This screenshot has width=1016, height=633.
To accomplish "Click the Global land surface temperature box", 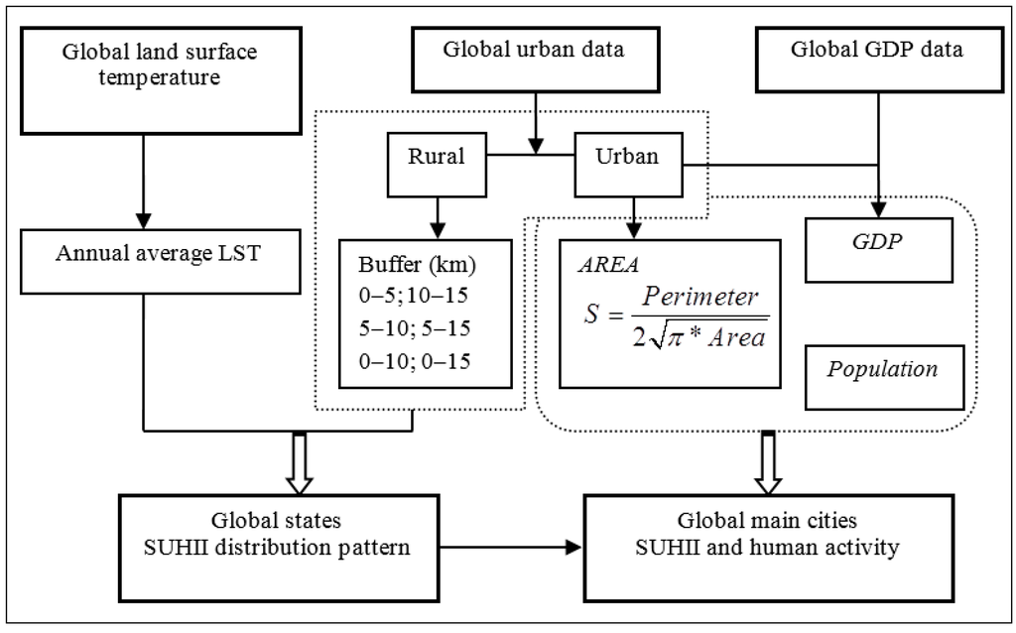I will point(143,78).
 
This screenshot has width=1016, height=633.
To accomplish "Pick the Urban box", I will point(628,157).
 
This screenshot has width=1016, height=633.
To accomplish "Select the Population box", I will point(883,370).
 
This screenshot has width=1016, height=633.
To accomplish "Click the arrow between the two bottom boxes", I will point(516,547).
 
